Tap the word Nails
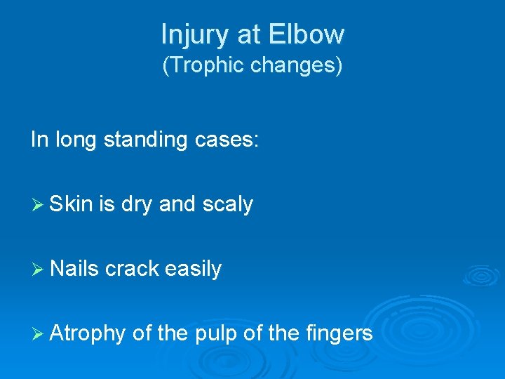[75, 269]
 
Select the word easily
[193, 269]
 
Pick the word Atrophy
[88, 333]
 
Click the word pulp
[213, 333]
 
